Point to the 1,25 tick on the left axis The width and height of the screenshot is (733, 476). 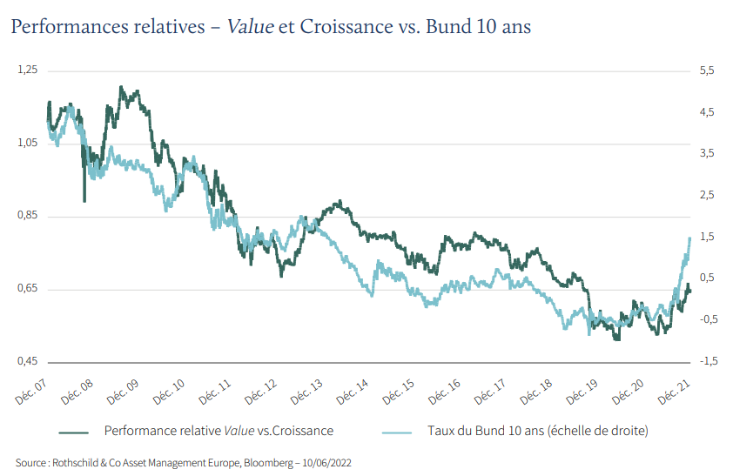pyautogui.click(x=28, y=70)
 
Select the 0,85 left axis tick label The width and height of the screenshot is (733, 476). pyautogui.click(x=28, y=216)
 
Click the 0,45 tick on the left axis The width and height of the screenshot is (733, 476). pyautogui.click(x=28, y=362)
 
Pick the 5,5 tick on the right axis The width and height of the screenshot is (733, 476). pyautogui.click(x=707, y=70)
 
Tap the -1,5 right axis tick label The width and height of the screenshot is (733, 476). pyautogui.click(x=706, y=362)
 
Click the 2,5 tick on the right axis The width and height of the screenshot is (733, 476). pyautogui.click(x=707, y=195)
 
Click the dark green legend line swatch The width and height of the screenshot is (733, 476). pyautogui.click(x=75, y=431)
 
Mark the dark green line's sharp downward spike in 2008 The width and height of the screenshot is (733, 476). pyautogui.click(x=84, y=201)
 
